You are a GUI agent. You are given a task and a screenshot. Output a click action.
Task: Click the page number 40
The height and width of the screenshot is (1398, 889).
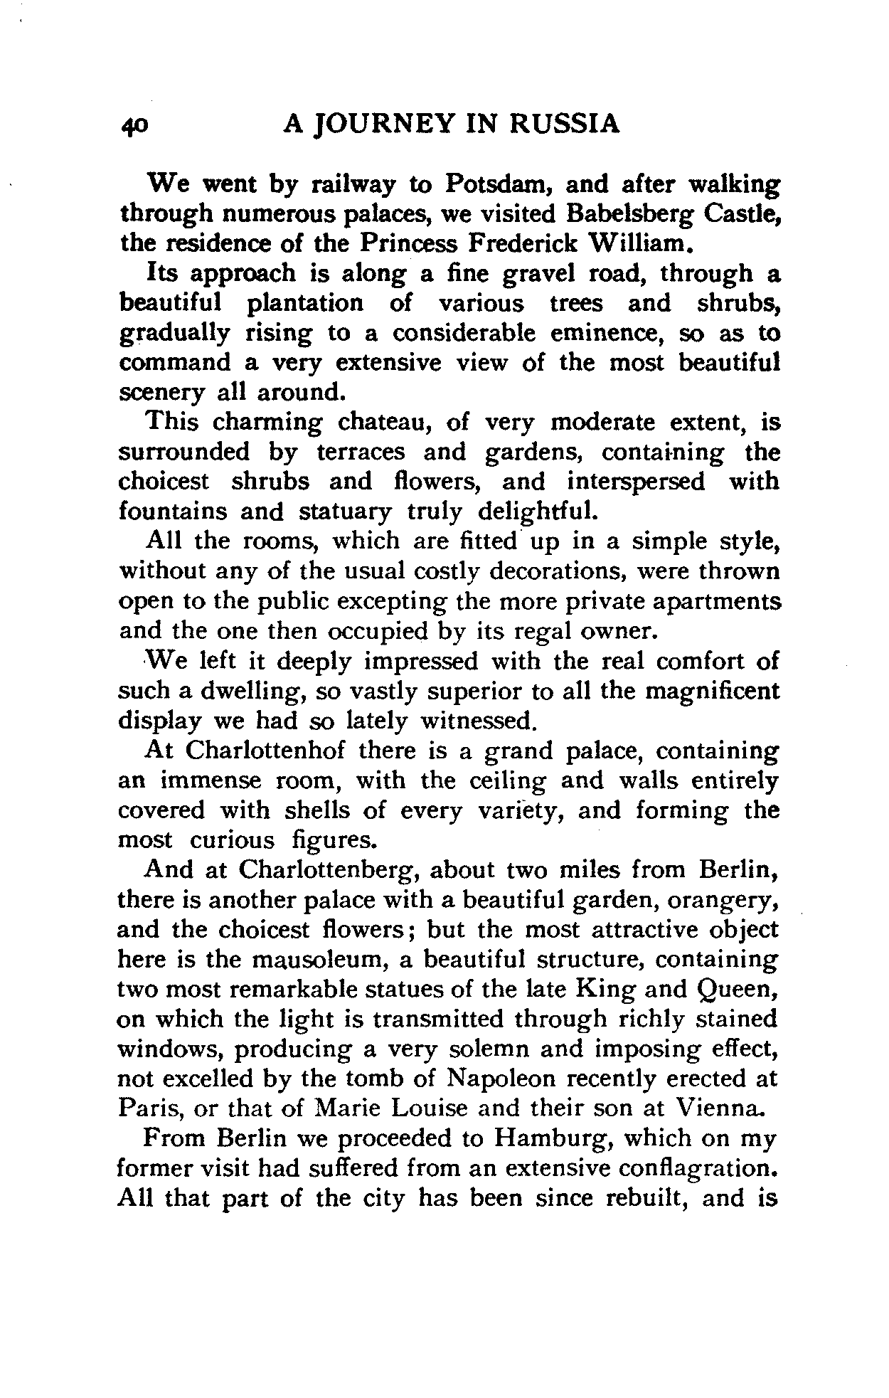[134, 125]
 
